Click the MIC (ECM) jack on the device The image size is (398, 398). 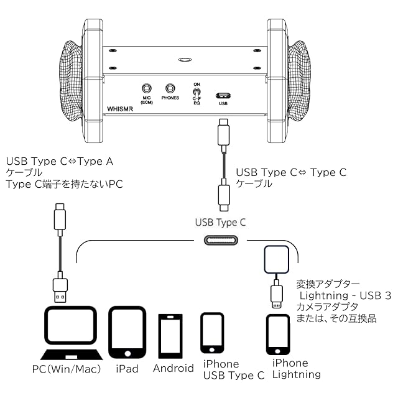(x=147, y=89)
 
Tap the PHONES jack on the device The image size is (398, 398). (x=170, y=88)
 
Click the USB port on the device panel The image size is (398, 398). (x=223, y=96)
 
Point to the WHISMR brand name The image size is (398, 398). (x=120, y=109)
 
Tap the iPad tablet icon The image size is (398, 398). (x=127, y=332)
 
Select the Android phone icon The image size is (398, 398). (x=170, y=336)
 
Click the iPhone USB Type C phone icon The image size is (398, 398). (x=212, y=333)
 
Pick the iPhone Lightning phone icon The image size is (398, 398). (x=278, y=335)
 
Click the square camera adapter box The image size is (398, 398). (x=277, y=259)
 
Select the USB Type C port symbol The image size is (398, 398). (x=221, y=240)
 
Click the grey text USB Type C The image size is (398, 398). (x=220, y=223)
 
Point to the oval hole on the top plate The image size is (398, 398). (x=185, y=60)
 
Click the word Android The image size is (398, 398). (x=174, y=368)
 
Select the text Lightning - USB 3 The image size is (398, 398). (x=346, y=296)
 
